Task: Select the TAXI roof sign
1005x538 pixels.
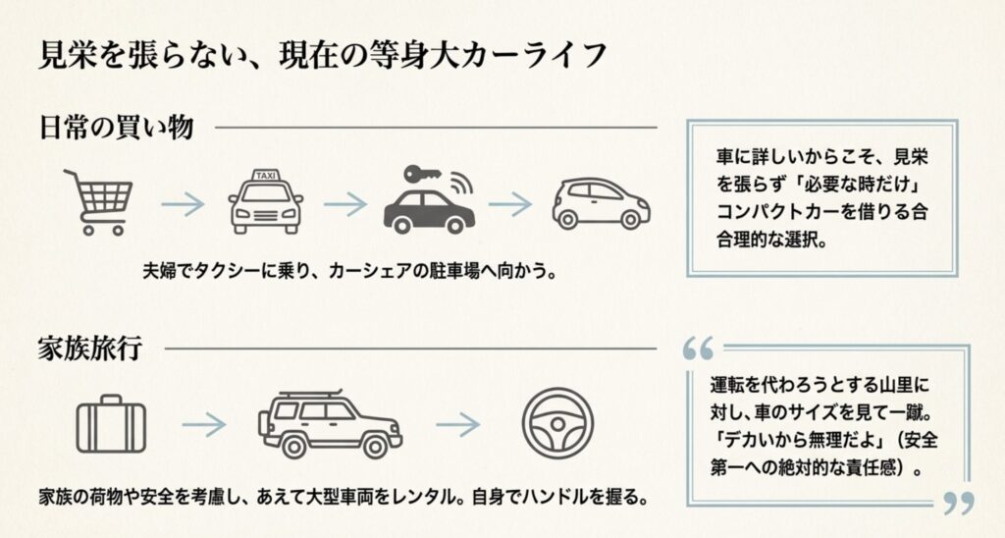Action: coord(265,176)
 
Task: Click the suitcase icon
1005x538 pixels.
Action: coord(111,424)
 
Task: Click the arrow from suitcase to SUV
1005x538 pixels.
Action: coord(203,424)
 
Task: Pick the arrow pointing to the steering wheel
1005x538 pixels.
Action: coord(457,424)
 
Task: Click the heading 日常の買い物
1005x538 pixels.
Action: coord(116,128)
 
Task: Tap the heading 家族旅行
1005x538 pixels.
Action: coord(92,349)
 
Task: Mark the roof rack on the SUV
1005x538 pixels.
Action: coord(309,395)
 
